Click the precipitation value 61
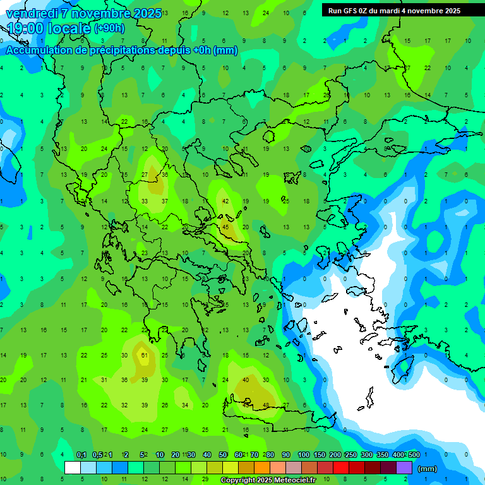[x=145, y=355]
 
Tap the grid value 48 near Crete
[x=266, y=405]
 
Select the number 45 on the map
[x=225, y=227]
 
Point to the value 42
[x=225, y=201]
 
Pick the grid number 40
[x=246, y=380]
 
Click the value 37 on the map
[x=165, y=201]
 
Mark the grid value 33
[x=145, y=201]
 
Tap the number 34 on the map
[x=185, y=405]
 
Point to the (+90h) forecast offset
[x=109, y=28]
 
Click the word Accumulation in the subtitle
[x=37, y=51]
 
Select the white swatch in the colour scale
[x=73, y=468]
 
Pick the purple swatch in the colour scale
[x=404, y=468]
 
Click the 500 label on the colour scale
[x=413, y=455]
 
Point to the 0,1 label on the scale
[x=81, y=455]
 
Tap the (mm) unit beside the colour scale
[x=428, y=469]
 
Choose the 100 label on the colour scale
[x=303, y=455]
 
